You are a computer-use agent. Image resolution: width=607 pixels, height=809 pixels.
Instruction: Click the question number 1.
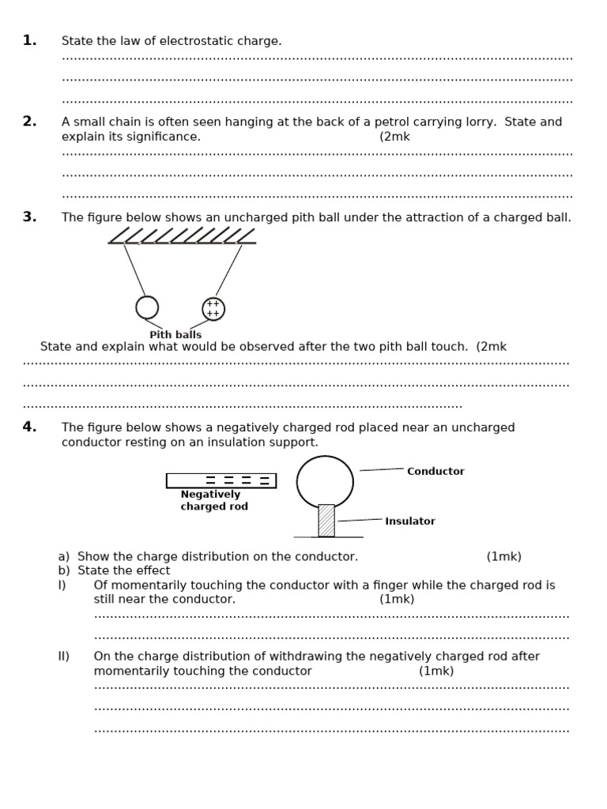[x=29, y=40]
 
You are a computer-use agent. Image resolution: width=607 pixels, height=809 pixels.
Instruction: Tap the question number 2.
[x=29, y=122]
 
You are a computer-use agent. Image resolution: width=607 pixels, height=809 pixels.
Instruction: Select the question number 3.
[x=29, y=217]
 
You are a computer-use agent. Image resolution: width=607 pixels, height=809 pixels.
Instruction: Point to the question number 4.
[x=29, y=427]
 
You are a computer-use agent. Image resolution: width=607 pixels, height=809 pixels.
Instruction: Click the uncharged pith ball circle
[x=147, y=307]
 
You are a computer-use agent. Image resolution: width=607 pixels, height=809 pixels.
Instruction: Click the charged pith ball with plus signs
[x=213, y=309]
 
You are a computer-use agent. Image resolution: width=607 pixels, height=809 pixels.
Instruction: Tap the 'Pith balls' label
[x=175, y=335]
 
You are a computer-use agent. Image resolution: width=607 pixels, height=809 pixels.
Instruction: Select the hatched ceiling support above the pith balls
[x=182, y=236]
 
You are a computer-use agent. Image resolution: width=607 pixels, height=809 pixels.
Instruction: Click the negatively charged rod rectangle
[x=221, y=480]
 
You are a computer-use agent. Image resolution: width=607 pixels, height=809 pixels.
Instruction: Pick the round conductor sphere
[x=325, y=481]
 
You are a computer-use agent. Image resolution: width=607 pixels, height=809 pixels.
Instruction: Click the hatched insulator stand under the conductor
[x=326, y=521]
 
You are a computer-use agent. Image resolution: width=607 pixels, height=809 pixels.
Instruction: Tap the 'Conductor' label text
[x=435, y=472]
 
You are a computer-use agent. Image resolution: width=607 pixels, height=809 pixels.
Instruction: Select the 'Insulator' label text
[x=409, y=521]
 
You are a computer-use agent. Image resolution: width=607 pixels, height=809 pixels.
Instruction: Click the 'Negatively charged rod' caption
[x=213, y=501]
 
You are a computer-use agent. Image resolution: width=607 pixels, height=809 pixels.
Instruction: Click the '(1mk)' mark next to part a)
[x=503, y=557]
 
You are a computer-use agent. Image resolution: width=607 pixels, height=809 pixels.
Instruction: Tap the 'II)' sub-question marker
[x=64, y=657]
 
